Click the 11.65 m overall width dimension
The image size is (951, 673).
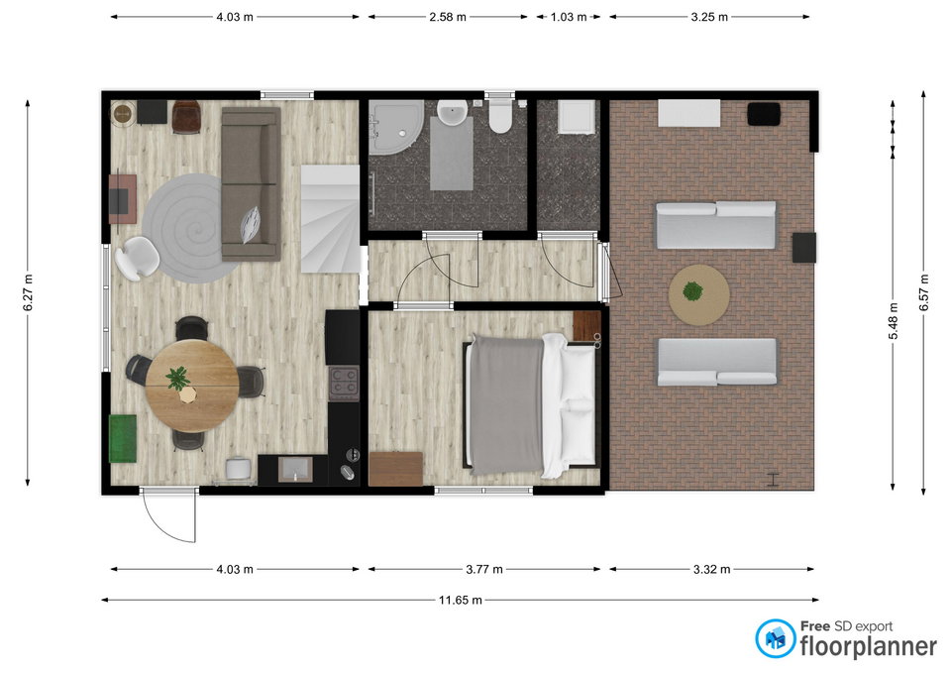pyautogui.click(x=461, y=601)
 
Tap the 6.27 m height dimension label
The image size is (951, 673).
pyautogui.click(x=28, y=293)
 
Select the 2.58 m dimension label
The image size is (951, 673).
pyautogui.click(x=448, y=17)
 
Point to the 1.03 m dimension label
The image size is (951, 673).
pyautogui.click(x=569, y=17)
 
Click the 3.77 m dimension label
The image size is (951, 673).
pyautogui.click(x=484, y=569)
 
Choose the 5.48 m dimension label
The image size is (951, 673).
pyautogui.click(x=893, y=321)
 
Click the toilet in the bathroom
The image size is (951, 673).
pyautogui.click(x=501, y=117)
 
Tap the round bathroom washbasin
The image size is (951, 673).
pyautogui.click(x=452, y=113)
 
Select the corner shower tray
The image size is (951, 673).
pyautogui.click(x=395, y=128)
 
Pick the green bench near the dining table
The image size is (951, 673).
pyautogui.click(x=123, y=438)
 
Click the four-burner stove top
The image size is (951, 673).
pyautogui.click(x=344, y=383)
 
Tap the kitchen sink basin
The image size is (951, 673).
pyautogui.click(x=295, y=469)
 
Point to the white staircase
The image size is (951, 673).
pyautogui.click(x=331, y=218)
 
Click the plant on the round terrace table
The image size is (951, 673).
pyautogui.click(x=692, y=291)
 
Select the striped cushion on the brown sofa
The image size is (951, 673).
pyautogui.click(x=250, y=224)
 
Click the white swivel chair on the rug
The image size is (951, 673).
pyautogui.click(x=137, y=258)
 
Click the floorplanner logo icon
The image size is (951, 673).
pyautogui.click(x=775, y=638)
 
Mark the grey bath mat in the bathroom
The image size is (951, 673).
pyautogui.click(x=452, y=154)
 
